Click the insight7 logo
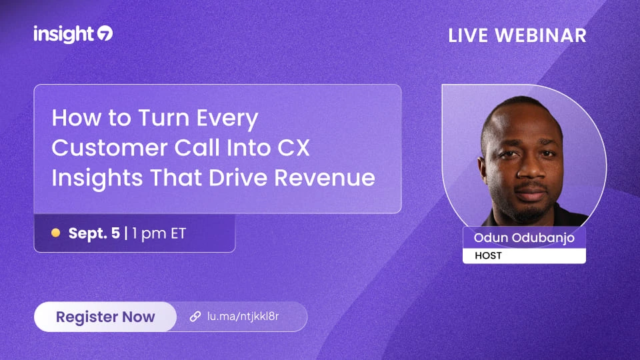[x=73, y=34]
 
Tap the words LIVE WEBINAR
[x=517, y=35]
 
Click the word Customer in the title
[x=109, y=147]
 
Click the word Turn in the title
[x=164, y=117]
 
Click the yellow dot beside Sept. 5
[x=55, y=233]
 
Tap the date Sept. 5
[x=94, y=233]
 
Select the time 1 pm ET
[x=159, y=234]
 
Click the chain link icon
[x=195, y=316]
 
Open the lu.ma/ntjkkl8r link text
[x=243, y=316]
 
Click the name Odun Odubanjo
[x=524, y=237]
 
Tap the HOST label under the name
[x=488, y=255]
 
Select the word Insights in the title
[x=97, y=179]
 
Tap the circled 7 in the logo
[x=105, y=33]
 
